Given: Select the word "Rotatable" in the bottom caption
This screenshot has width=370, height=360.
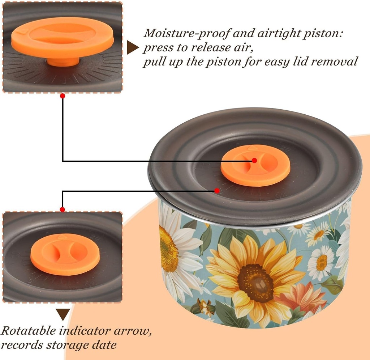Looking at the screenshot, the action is [x=28, y=330].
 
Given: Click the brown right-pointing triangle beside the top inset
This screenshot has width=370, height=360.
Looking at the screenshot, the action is [x=133, y=47].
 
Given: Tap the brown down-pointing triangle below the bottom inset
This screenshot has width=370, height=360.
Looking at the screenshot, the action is [x=63, y=314].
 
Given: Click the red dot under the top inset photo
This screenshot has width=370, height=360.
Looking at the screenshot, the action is [x=63, y=96].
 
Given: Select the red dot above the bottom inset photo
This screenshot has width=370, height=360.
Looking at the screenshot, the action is [x=62, y=209].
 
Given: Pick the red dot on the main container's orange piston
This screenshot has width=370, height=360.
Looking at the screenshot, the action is [x=254, y=160].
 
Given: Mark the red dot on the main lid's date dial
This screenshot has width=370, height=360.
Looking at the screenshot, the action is [x=217, y=190].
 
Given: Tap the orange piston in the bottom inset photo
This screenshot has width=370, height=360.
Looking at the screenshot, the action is [x=65, y=254].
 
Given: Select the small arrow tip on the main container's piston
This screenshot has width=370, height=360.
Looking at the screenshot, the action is [x=252, y=148].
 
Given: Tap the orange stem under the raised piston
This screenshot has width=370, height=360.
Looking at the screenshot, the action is [x=63, y=62].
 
